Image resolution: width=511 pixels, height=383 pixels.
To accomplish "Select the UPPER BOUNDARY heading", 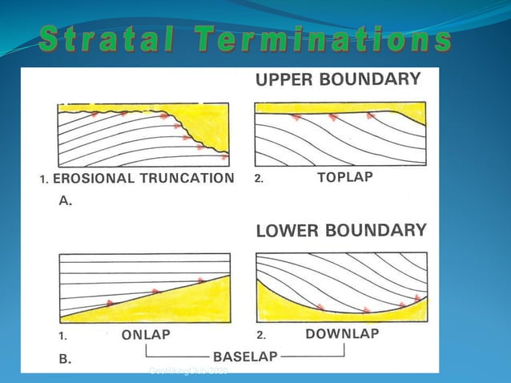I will [337, 79].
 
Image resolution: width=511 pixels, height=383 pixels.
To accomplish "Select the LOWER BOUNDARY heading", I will [341, 231].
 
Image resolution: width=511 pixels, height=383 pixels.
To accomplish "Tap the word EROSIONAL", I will [92, 179].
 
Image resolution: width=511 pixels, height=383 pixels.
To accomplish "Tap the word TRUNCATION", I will [184, 179].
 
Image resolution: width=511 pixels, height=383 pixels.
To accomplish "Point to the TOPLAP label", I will [345, 178].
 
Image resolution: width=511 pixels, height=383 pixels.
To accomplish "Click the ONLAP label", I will [146, 335].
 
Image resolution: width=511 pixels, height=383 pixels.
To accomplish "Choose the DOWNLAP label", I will [342, 334].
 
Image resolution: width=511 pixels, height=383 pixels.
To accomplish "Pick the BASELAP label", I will [244, 355].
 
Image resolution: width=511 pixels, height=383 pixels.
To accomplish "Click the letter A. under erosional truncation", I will [66, 202].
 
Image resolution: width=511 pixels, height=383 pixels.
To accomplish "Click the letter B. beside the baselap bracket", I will [65, 360].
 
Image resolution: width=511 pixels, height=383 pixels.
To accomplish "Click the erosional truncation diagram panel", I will [144, 133].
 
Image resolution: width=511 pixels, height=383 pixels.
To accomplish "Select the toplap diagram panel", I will [340, 133].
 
